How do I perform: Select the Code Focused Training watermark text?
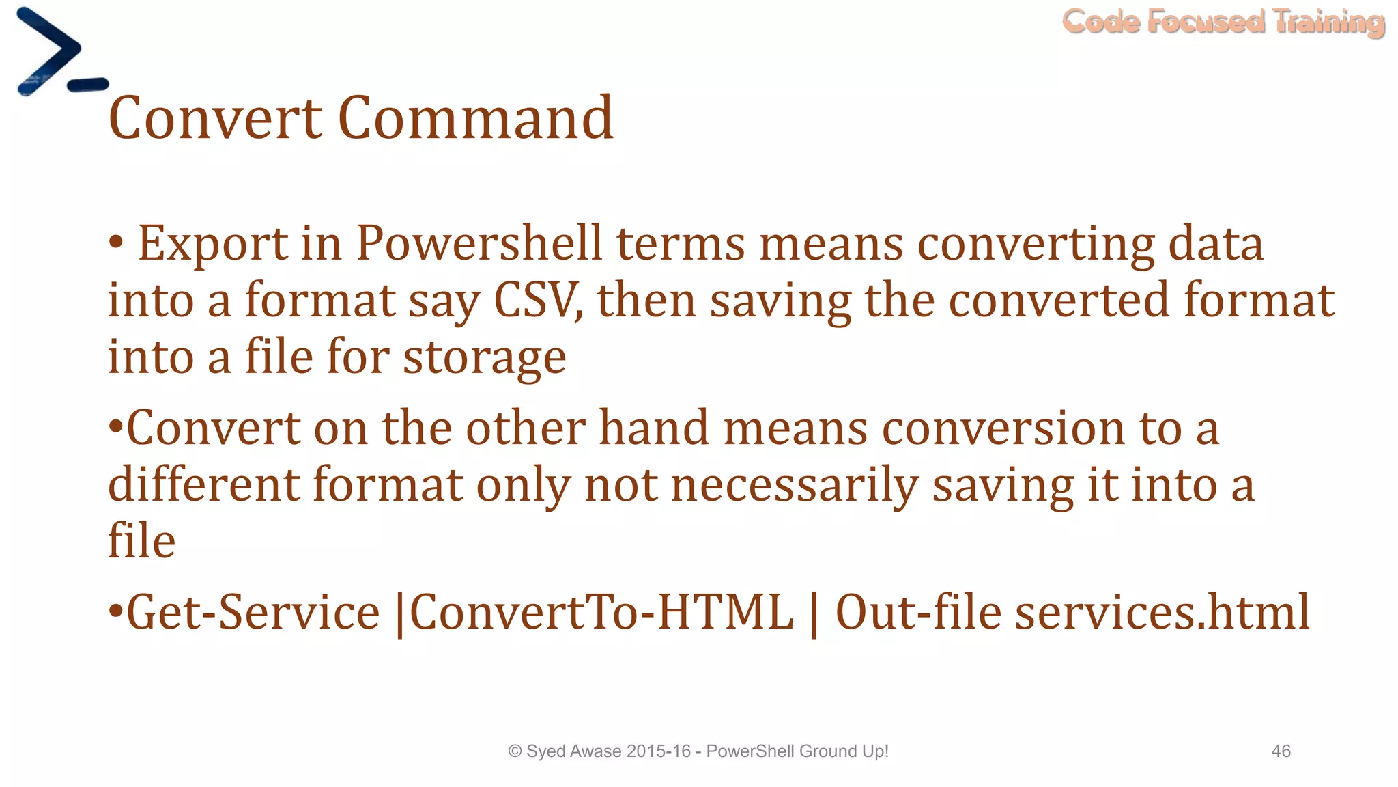pos(1223,22)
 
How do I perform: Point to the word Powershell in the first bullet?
pos(479,244)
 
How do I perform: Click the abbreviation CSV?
pos(536,301)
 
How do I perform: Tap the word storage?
pos(484,358)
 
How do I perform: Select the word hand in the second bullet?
pos(654,428)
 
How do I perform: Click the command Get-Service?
pos(253,612)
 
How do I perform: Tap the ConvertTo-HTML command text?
pos(601,612)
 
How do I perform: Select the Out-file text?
pos(918,612)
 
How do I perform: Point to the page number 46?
pos(1281,751)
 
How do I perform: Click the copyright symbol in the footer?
pos(515,751)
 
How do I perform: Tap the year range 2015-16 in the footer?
pos(658,751)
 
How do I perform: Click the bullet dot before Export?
pos(116,242)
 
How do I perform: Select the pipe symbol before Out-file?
pos(814,614)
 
